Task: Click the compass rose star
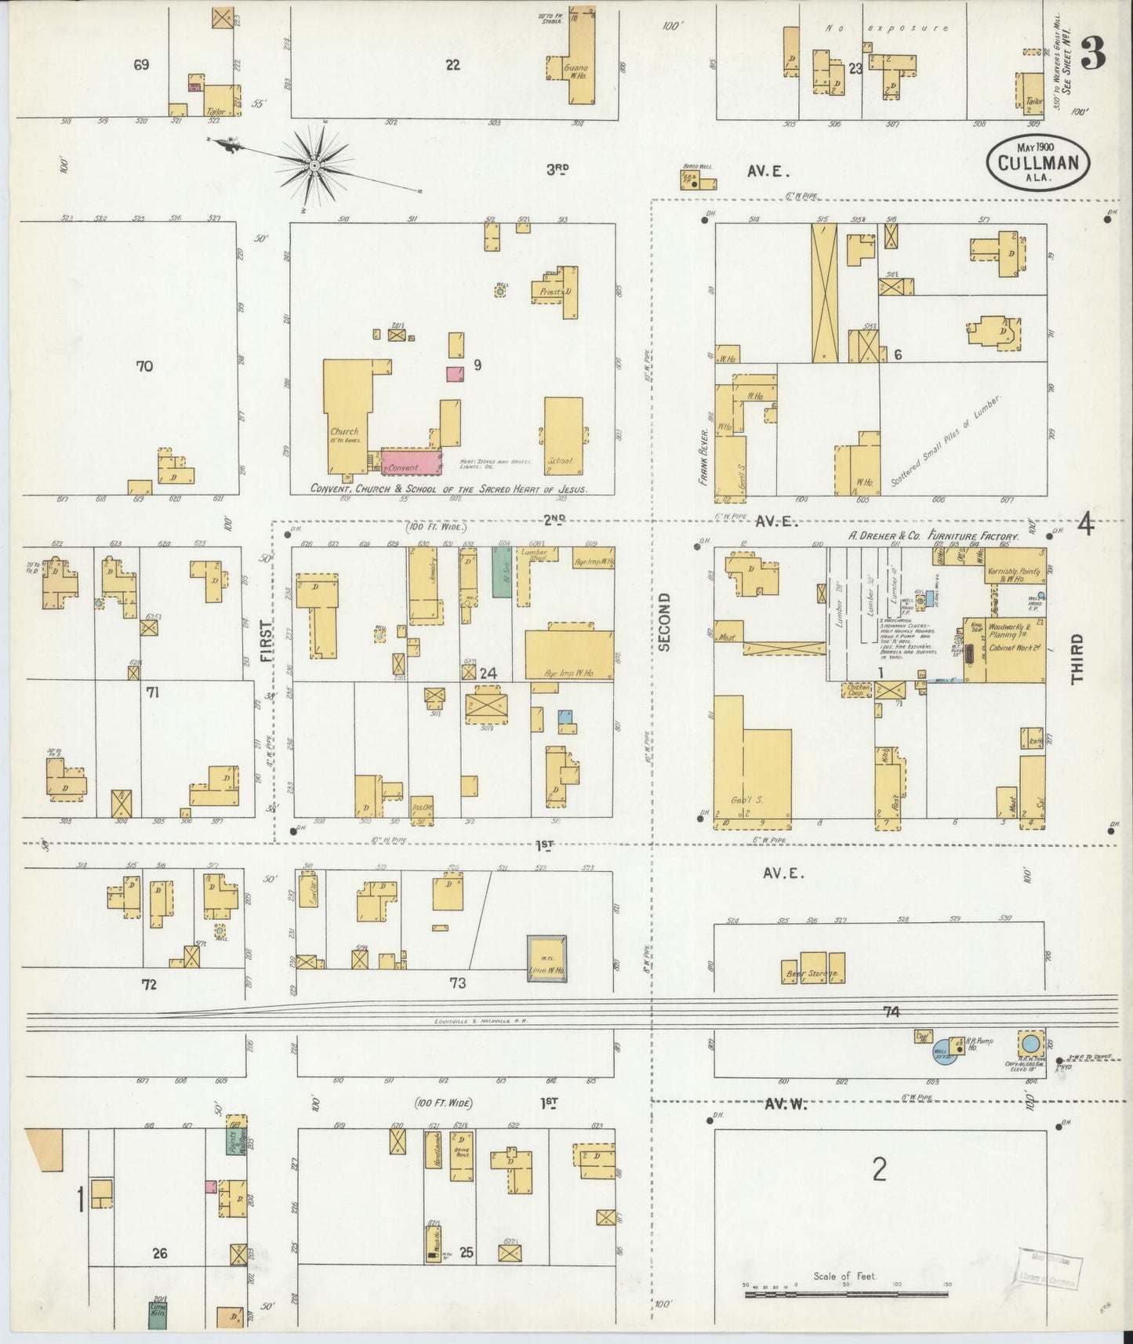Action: [314, 165]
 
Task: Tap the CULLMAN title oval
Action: [1037, 163]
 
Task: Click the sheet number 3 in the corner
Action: [1092, 53]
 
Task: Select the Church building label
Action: [344, 432]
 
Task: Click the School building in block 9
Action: [563, 435]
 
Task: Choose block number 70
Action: [144, 366]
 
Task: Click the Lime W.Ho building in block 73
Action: [547, 958]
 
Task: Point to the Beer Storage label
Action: [813, 974]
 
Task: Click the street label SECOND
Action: [665, 622]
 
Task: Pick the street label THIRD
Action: [1077, 659]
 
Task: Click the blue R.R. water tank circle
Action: [1030, 1043]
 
